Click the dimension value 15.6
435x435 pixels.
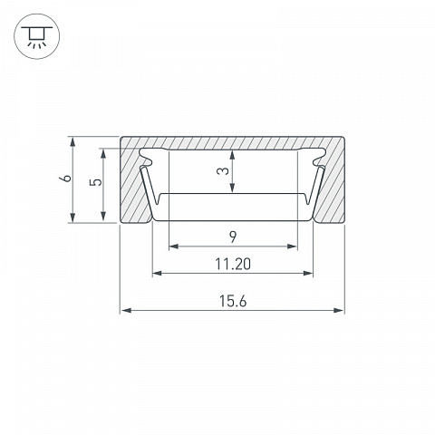233,301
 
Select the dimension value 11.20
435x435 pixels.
233,264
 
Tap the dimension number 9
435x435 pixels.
233,237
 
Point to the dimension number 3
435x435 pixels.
223,171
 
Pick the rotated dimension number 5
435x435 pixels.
97,182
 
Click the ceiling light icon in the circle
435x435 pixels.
37,37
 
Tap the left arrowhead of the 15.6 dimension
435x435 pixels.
126,310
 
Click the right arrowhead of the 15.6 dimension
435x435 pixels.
339,310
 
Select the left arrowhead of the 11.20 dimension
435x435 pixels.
158,274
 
